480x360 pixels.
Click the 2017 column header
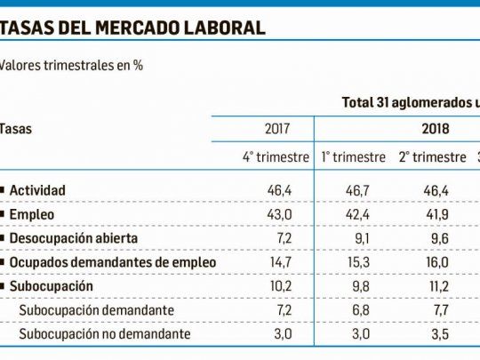pos(277,129)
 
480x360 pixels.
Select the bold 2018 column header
pos(436,129)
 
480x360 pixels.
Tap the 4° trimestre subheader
pos(276,157)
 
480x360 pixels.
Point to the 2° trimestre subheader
pos(432,157)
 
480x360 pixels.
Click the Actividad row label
pos(37,190)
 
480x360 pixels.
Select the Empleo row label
pos(32,214)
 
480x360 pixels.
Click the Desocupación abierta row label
pos(74,238)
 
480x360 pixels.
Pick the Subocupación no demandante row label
pos(105,333)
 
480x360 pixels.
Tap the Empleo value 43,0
pos(279,214)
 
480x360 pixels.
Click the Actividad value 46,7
pos(357,190)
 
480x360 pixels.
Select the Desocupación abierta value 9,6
pos(440,238)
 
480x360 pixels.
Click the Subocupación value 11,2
pos(437,286)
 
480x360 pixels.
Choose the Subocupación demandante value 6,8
pos(361,310)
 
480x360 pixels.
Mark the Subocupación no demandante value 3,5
pos(440,333)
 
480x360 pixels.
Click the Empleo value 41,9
pos(437,214)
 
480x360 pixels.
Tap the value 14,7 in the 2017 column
pos(281,262)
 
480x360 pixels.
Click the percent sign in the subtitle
pos(138,65)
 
